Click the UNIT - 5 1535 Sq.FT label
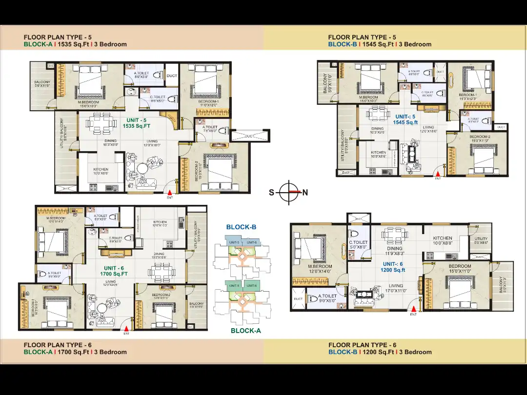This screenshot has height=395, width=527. (x=137, y=123)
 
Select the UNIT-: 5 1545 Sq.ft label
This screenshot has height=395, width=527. (x=405, y=119)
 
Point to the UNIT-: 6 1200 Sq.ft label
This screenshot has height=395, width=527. (x=393, y=267)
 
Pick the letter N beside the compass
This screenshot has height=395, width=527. (x=305, y=193)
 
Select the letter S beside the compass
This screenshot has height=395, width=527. (x=271, y=193)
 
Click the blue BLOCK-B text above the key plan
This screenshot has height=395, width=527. (x=241, y=227)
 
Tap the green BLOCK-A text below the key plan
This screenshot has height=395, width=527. (x=246, y=331)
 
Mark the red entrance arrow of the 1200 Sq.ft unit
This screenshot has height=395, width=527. (x=414, y=309)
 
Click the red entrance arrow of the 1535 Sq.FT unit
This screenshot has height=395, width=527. (x=170, y=193)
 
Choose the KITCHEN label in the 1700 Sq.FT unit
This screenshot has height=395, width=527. (x=160, y=222)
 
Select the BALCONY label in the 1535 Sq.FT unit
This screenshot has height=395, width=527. (x=41, y=82)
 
